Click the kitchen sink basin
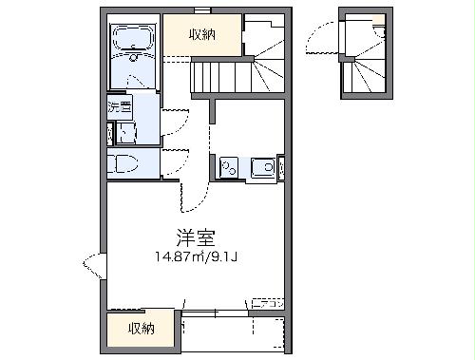(x=260, y=169)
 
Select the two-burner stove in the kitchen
(x=229, y=169)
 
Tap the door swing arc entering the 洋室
(x=192, y=197)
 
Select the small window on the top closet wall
(x=201, y=10)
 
